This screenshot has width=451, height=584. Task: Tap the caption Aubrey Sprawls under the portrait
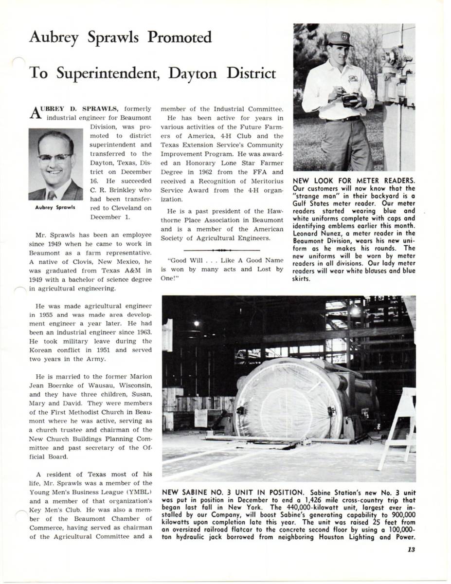55,207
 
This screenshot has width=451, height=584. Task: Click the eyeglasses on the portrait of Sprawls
55,158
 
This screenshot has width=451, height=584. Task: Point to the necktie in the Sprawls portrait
52,195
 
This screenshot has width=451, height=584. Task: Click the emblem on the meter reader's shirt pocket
353,78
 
